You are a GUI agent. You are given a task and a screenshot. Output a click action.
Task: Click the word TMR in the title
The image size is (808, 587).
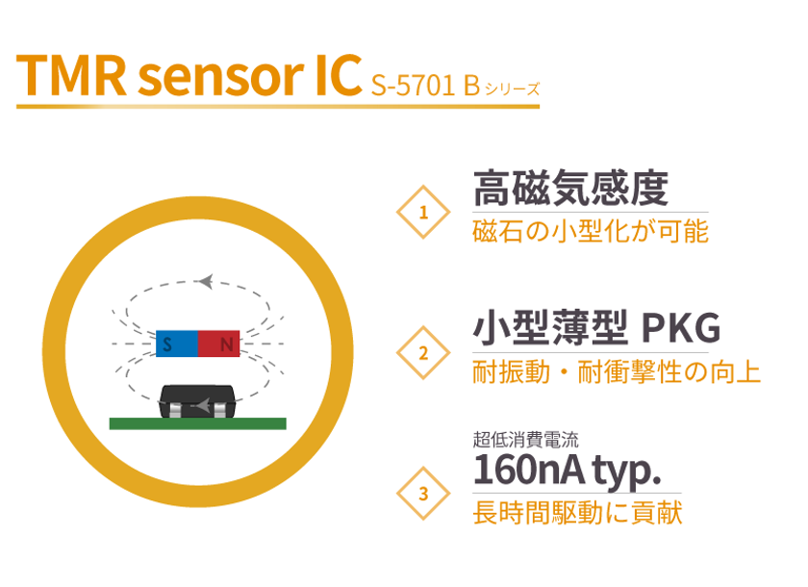coord(71,76)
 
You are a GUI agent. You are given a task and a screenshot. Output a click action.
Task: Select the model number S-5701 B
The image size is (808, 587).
coord(425,85)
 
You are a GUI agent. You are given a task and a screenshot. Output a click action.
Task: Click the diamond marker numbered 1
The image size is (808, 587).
coord(423,212)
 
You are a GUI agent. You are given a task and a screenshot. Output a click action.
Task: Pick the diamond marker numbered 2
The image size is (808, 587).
coord(423,352)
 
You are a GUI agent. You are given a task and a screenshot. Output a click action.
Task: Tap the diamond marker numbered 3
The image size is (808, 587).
coord(423,494)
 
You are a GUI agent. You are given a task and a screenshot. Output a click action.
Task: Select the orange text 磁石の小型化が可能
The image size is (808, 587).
coord(591,231)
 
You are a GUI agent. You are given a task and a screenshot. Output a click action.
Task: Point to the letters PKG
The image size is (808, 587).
coord(681,328)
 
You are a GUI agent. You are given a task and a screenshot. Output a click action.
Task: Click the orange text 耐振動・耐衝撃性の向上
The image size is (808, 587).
coord(617,372)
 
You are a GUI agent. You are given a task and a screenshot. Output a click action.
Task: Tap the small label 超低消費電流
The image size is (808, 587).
coord(525,440)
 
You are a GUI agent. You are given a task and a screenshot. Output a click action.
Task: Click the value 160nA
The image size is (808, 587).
coord(529,470)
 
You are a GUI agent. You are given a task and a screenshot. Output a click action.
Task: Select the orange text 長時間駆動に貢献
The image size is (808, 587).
coord(578,512)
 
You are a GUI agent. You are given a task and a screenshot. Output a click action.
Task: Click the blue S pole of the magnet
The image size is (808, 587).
coord(177,344)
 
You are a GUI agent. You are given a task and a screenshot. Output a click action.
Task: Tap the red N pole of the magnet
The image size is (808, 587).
coord(219,344)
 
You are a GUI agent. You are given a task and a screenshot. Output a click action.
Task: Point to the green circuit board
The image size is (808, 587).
coord(198,423)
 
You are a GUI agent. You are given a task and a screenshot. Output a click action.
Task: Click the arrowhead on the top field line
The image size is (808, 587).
coord(206,281)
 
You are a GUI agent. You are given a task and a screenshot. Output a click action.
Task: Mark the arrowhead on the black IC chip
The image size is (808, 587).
coord(203,405)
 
